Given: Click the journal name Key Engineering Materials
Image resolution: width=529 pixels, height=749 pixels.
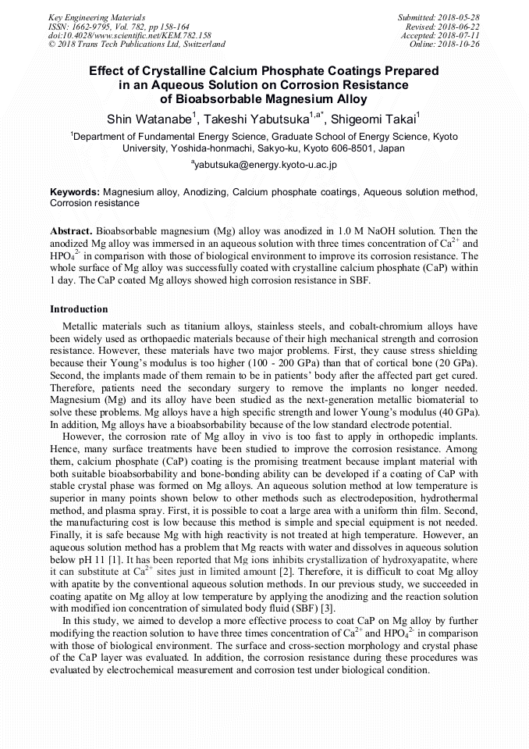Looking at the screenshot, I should point(98,16).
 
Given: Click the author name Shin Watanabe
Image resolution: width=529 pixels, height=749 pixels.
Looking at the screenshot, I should point(151,119).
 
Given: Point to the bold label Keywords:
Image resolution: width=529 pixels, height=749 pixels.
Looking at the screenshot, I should point(75,191).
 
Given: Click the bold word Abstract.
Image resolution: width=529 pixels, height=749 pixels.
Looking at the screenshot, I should point(71,232).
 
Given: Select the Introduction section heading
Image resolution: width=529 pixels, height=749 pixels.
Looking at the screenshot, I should point(79,309).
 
